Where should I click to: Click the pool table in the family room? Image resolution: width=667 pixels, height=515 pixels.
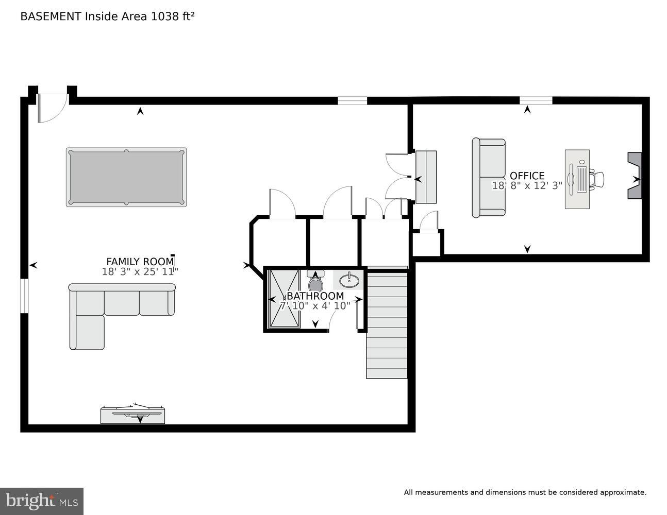tap(126, 177)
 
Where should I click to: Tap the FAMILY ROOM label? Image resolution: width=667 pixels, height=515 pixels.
tap(140, 262)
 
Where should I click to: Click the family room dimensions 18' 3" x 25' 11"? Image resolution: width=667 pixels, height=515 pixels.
tap(140, 272)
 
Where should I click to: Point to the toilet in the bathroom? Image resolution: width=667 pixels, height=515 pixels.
tap(315, 282)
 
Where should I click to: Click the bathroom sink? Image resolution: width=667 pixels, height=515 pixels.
tap(349, 280)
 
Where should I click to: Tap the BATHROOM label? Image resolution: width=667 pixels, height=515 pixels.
tap(315, 296)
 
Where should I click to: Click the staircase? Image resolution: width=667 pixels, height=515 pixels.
tap(387, 324)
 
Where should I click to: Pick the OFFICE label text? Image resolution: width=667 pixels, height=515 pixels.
tap(527, 176)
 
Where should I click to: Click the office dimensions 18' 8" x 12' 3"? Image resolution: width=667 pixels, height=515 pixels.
tap(527, 186)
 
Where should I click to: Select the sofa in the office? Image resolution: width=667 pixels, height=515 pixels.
tap(489, 178)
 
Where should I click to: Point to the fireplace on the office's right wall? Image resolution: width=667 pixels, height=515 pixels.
tap(634, 176)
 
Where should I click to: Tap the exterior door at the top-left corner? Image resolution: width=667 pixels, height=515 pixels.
tap(53, 107)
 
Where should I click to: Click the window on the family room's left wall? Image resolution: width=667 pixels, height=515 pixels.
tap(24, 296)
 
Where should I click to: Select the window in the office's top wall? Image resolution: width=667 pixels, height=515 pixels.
tap(536, 100)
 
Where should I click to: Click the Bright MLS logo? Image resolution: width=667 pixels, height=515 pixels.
tap(42, 501)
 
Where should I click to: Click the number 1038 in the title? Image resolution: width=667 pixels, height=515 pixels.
tap(163, 16)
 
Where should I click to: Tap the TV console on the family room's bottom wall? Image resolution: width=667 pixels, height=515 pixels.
tap(132, 415)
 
